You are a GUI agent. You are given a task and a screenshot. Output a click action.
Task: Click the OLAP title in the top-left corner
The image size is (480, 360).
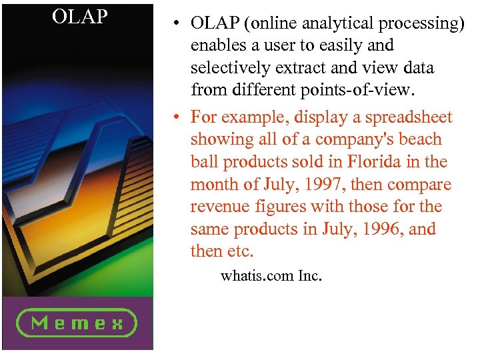(x=80, y=17)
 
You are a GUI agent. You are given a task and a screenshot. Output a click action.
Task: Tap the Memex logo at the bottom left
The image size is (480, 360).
(x=77, y=323)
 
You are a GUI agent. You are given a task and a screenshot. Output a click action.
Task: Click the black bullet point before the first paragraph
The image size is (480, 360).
(x=173, y=23)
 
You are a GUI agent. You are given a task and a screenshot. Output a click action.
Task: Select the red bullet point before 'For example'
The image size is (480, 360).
(x=173, y=118)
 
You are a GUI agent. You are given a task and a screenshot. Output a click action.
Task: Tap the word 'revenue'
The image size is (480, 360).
(x=218, y=207)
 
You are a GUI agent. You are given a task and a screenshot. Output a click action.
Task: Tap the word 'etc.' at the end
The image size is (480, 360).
(x=241, y=252)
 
